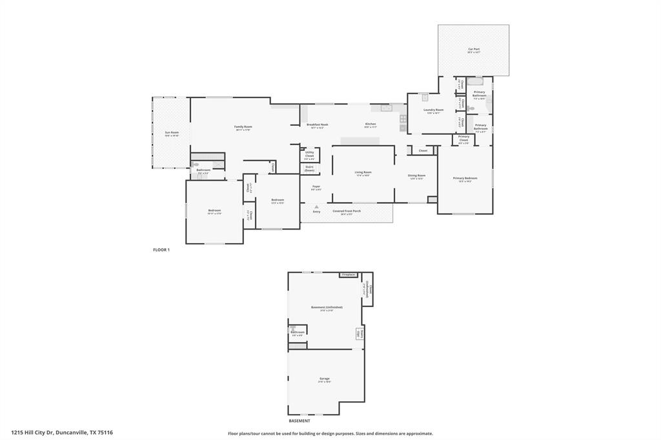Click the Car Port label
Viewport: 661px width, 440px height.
[474, 49]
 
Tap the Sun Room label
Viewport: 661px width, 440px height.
[171, 133]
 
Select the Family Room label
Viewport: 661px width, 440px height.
[243, 127]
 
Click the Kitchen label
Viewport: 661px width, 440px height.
[371, 124]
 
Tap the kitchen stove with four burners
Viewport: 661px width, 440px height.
[403, 119]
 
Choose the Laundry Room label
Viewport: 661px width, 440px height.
[433, 110]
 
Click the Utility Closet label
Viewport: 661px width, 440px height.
[310, 155]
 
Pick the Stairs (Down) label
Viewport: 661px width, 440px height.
[310, 168]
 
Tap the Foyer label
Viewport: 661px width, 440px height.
[316, 187]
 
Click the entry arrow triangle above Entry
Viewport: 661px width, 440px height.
[316, 206]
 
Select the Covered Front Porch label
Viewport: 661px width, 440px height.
[347, 211]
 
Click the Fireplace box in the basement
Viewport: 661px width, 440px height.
[349, 275]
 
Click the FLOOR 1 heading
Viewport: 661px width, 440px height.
[161, 250]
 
